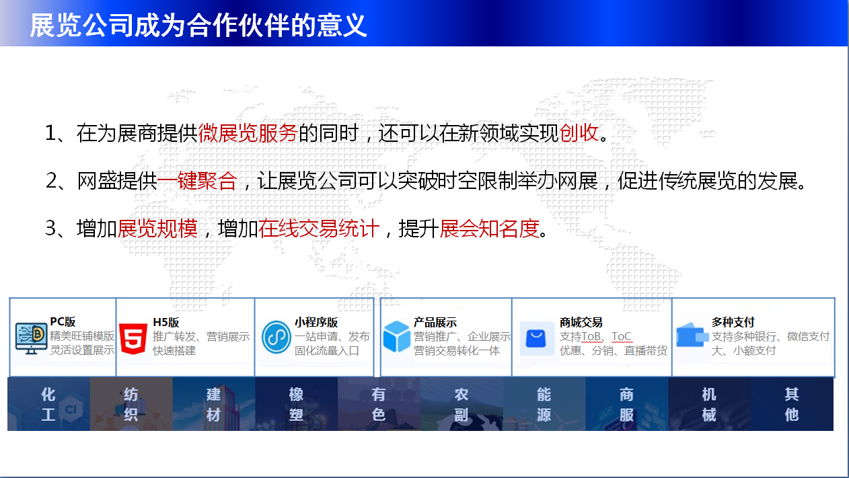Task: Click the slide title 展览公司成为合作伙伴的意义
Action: [198, 26]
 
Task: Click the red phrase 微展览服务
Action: [248, 133]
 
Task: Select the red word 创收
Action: [579, 133]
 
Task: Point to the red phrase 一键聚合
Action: [197, 181]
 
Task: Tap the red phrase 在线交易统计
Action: [319, 229]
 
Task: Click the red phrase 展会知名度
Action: [489, 229]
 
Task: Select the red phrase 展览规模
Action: [157, 229]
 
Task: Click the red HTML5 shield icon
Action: [133, 339]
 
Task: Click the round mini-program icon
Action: [276, 337]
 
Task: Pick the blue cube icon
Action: [396, 336]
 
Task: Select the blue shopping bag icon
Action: [536, 339]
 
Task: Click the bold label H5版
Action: [165, 322]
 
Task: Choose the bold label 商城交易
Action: [581, 322]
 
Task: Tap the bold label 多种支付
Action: [733, 322]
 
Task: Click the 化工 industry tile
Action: [48, 404]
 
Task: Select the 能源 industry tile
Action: [544, 404]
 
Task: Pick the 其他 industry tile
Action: [792, 404]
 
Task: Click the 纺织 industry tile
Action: [131, 404]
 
